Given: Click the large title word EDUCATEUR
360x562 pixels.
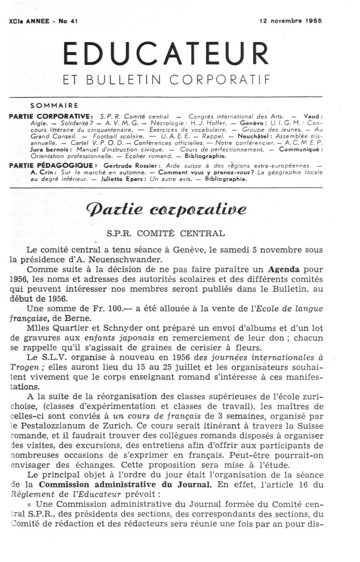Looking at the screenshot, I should click(x=165, y=54).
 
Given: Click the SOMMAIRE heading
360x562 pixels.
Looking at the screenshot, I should click(x=54, y=106).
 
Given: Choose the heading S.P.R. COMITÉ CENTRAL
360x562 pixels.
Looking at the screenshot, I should click(x=165, y=233).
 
